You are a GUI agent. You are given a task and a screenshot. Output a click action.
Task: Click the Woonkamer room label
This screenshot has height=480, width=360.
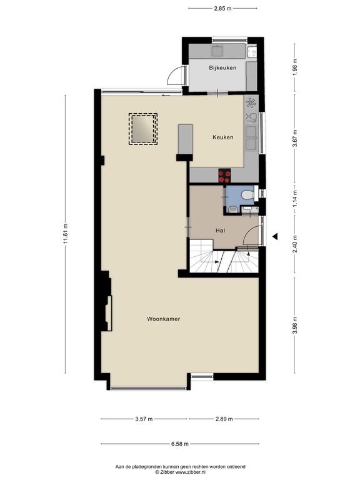point(163,319)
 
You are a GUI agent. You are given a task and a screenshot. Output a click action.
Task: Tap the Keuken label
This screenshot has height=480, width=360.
point(223,137)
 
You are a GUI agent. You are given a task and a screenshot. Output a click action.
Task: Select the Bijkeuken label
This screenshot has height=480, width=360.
point(222,67)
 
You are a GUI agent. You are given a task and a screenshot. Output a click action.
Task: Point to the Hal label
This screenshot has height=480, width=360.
point(220,231)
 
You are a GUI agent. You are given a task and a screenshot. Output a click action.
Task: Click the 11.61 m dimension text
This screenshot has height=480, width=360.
point(65,234)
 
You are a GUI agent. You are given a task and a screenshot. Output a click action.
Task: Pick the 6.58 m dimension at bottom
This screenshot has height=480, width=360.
point(180,444)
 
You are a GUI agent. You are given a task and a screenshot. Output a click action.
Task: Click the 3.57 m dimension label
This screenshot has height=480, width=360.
point(144,419)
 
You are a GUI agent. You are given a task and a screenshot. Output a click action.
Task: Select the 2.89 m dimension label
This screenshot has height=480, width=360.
point(224,419)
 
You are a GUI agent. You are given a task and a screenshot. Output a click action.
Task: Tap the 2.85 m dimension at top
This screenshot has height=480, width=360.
point(222,9)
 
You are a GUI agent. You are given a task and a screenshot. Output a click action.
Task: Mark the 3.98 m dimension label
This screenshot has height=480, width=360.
point(295,325)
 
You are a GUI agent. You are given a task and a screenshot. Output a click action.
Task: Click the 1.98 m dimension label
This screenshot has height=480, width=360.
point(295,67)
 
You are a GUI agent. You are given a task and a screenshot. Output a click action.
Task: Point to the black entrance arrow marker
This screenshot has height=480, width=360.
point(275,236)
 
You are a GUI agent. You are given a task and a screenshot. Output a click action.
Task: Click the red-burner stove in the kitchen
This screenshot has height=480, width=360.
point(224,176)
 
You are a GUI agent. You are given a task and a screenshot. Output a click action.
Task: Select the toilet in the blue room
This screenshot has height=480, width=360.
point(247,195)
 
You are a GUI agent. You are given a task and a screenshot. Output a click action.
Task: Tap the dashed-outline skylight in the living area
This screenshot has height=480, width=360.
point(143,129)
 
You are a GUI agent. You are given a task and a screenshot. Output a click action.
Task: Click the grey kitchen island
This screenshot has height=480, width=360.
point(186,139)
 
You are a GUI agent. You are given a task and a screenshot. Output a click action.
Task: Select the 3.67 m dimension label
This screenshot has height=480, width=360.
point(295,138)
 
